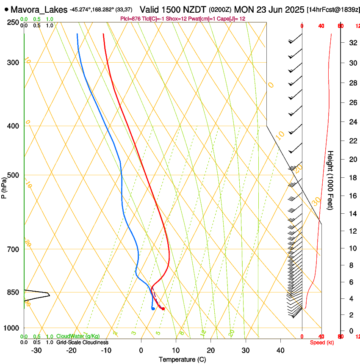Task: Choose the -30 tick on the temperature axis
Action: point(36,350)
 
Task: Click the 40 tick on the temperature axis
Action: point(280,350)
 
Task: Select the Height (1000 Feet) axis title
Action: point(331,180)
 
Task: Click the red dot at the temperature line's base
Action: point(163,309)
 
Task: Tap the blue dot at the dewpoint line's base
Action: point(153,309)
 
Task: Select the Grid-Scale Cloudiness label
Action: point(82,342)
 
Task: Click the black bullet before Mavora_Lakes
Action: point(6,9)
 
